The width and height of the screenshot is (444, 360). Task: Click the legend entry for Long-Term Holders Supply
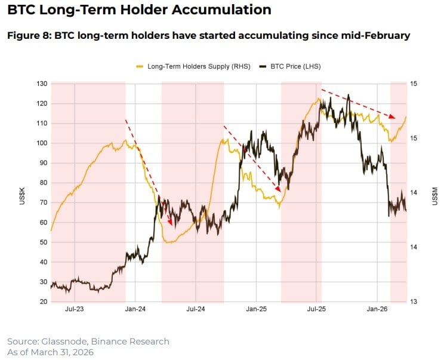pos(200,66)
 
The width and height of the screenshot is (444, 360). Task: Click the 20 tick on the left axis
pos(42,301)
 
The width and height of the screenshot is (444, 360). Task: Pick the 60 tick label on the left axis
pos(42,223)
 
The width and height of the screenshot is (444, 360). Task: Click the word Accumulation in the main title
pos(218,10)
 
